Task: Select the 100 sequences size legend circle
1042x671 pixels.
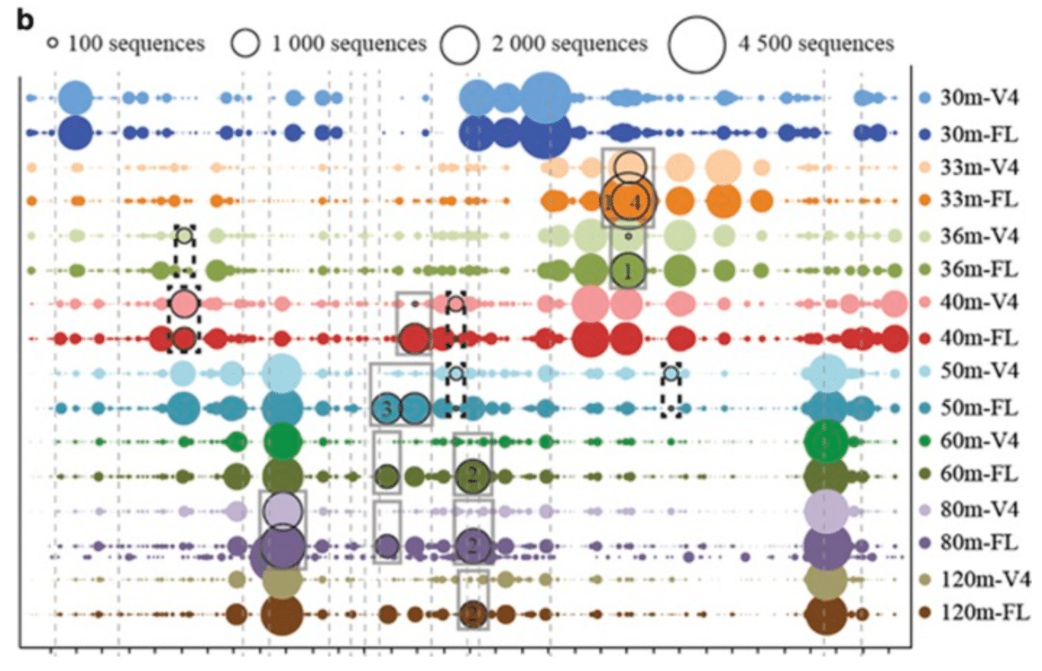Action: coord(52,43)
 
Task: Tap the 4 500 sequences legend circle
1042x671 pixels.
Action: coord(696,44)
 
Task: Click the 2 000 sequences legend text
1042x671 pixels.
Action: coord(569,44)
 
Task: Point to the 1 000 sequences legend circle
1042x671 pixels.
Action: coord(245,43)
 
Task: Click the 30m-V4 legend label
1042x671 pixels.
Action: coord(978,98)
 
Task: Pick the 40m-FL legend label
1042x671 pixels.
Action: coord(978,338)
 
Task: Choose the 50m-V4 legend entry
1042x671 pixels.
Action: coord(978,371)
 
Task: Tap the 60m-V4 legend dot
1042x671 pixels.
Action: coord(924,441)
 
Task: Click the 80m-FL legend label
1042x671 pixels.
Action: coord(978,543)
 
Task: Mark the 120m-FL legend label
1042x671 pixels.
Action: coord(984,612)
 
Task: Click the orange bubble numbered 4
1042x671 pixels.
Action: coord(630,201)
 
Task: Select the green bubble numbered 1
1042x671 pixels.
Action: coord(627,270)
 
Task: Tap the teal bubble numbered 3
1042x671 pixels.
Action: coord(386,409)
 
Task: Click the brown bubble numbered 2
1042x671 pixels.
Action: coord(473,614)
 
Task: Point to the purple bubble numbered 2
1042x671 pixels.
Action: coord(473,544)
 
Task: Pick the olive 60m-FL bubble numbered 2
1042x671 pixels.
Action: coord(473,476)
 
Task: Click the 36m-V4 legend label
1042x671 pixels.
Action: coord(978,236)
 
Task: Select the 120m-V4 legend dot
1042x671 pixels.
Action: coord(924,579)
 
